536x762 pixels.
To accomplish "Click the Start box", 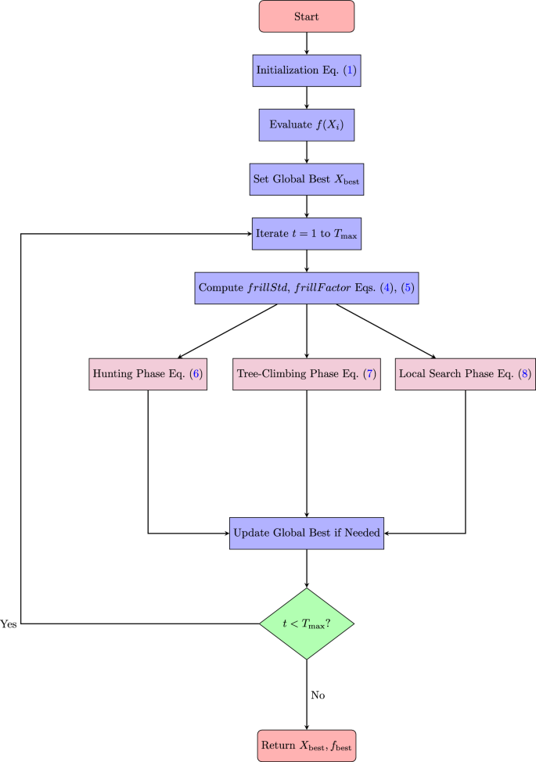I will click(307, 16).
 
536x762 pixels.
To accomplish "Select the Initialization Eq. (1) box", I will click(307, 70).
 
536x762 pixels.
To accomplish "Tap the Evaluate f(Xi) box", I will click(307, 124).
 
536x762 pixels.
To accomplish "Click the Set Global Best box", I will click(307, 179).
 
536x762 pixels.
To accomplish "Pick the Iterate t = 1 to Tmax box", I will click(307, 234).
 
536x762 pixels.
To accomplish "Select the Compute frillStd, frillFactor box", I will click(307, 288).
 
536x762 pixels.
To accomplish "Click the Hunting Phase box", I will click(148, 374).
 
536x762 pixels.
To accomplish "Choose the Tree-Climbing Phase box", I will click(307, 374).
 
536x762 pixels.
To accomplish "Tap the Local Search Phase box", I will click(466, 374).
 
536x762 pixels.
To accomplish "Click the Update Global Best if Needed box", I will click(307, 533).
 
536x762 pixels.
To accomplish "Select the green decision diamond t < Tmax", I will click(307, 624).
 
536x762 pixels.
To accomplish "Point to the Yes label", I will click(9, 624).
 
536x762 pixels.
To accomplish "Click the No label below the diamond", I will click(318, 695).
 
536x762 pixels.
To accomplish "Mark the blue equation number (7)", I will click(368, 374).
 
